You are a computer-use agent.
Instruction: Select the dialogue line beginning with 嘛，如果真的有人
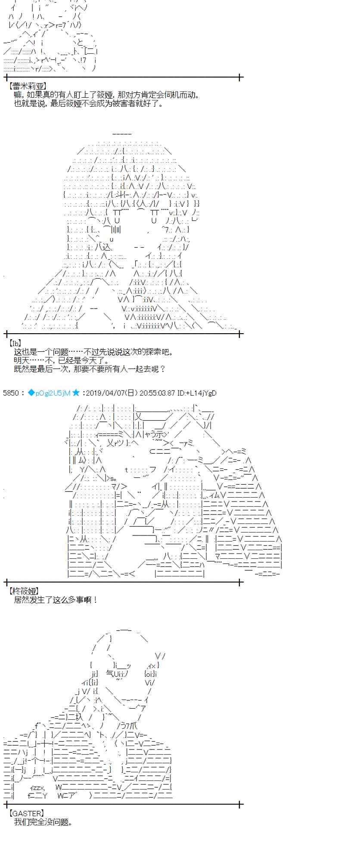[x=107, y=95]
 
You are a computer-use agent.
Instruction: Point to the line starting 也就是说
[x=89, y=104]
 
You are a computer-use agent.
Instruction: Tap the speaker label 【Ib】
[x=16, y=343]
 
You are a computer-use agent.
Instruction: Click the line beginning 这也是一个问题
[x=93, y=352]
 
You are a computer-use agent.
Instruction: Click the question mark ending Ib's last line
[x=162, y=369]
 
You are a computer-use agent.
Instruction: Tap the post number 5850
[x=10, y=393]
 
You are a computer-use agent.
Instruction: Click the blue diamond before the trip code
[x=31, y=393]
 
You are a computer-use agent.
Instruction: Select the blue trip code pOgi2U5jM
[x=52, y=393]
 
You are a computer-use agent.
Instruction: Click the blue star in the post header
[x=76, y=393]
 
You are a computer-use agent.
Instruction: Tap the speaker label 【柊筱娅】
[x=24, y=592]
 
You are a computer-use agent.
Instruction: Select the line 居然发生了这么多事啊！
[x=56, y=600]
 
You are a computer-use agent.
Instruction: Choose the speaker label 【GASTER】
[x=26, y=813]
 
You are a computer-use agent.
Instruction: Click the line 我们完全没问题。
[x=43, y=822]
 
